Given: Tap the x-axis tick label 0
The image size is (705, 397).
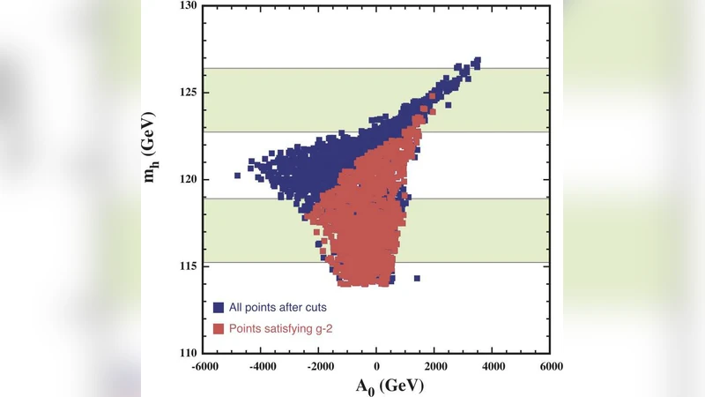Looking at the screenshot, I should point(377,365).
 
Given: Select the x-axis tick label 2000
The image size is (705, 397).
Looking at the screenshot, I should point(434,365).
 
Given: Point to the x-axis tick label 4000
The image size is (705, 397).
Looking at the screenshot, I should point(493,365).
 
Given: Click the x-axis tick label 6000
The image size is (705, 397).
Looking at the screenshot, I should point(550,365).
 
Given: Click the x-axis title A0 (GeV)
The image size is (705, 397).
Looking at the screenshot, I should point(376,386).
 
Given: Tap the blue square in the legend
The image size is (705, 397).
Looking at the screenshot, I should point(219,307).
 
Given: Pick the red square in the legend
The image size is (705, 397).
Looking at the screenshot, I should point(219,328).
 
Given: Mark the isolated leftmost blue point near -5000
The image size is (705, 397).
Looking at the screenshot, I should point(237,175).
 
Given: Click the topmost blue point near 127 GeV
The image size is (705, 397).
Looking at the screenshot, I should point(477,62).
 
